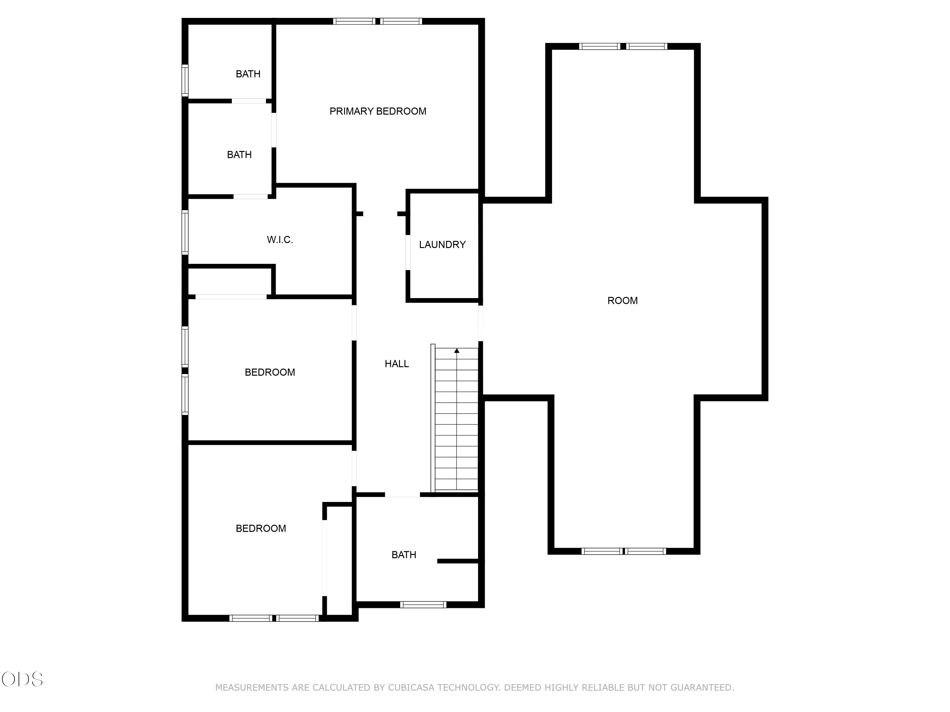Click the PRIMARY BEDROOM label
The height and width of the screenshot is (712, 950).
tap(378, 111)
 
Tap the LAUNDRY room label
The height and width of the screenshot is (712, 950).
tap(442, 245)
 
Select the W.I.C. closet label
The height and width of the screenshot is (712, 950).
tap(280, 240)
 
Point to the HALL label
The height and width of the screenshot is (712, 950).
tap(397, 364)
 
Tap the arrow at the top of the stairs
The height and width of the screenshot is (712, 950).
tap(457, 351)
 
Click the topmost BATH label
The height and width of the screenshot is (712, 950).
tap(248, 74)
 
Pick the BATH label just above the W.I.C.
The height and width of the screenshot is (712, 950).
tap(239, 154)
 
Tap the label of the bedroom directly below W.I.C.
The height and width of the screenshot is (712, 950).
tap(270, 372)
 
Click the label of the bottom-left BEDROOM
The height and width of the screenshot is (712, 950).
tap(261, 528)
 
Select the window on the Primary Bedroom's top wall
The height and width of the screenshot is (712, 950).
tap(377, 21)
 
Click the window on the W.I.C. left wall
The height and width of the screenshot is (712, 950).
tap(185, 232)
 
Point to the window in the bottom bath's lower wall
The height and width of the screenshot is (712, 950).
tap(423, 605)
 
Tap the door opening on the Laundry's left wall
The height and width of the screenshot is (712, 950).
tap(408, 252)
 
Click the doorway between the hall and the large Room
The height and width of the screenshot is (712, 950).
tap(481, 323)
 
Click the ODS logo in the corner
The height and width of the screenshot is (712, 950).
tap(22, 679)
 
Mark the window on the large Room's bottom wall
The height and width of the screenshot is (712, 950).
tap(624, 551)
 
